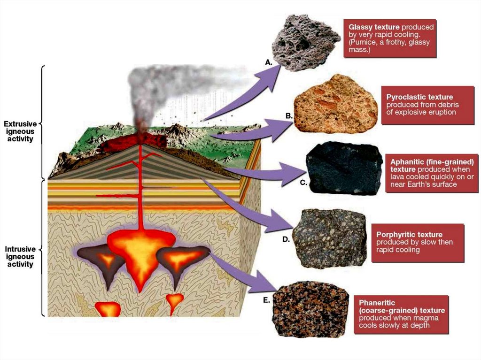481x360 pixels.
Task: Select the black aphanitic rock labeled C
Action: click(x=344, y=168)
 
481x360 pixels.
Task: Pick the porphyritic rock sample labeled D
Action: click(x=329, y=238)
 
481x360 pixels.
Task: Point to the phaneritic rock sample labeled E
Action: click(x=310, y=309)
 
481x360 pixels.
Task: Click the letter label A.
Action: click(x=269, y=62)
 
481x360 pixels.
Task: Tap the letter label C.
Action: click(x=303, y=183)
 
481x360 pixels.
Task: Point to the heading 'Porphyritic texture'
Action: click(x=409, y=234)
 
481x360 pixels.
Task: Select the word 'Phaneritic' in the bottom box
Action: click(x=376, y=303)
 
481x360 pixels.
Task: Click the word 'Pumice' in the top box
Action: click(x=363, y=42)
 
